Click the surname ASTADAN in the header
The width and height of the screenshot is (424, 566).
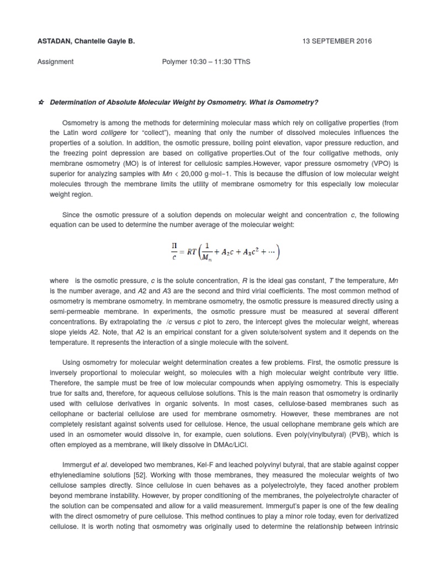pyautogui.click(x=68, y=41)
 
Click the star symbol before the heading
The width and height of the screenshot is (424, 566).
pyautogui.click(x=42, y=103)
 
